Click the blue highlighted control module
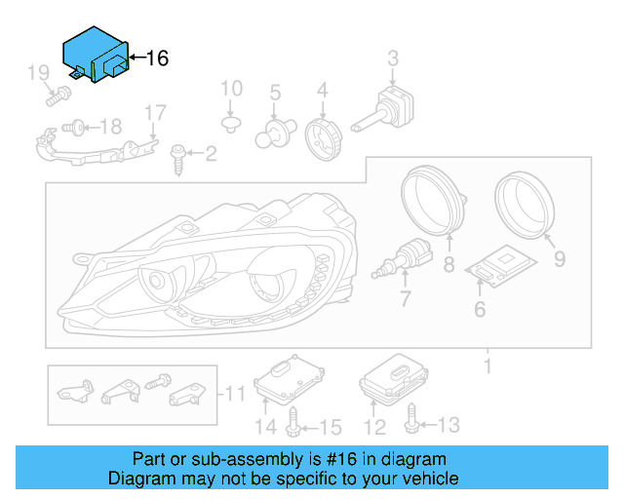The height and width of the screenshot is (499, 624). (x=95, y=55)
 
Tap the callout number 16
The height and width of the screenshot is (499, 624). (x=157, y=58)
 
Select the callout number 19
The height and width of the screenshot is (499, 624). (x=38, y=72)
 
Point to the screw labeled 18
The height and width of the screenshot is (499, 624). (x=75, y=126)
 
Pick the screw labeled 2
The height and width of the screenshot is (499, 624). (x=179, y=155)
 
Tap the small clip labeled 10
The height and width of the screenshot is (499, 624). (x=231, y=124)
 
